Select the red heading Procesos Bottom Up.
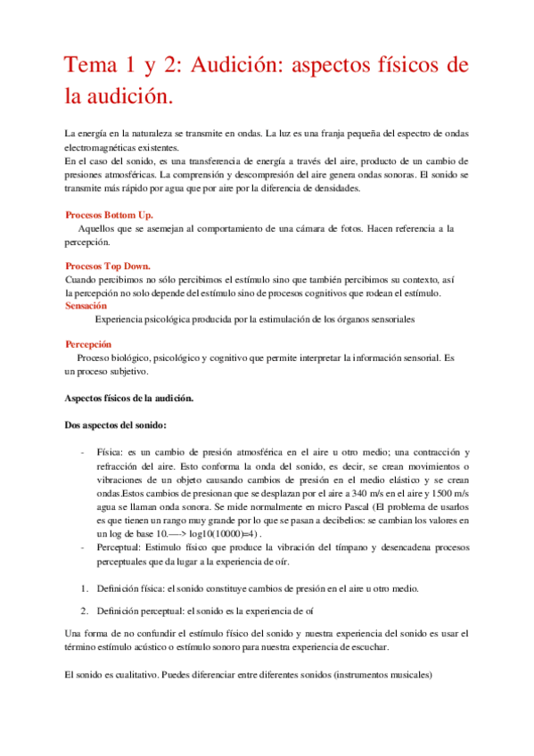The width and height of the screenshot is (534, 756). (109, 216)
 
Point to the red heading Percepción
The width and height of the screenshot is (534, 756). (89, 343)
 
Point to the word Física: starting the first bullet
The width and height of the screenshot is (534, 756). (113, 453)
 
